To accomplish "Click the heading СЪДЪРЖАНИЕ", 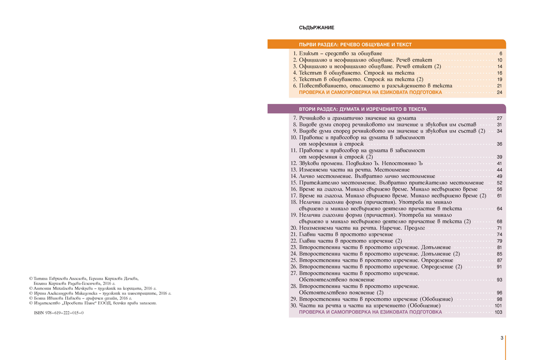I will [317, 28].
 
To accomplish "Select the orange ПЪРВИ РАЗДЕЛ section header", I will [355, 45].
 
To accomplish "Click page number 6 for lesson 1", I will [501, 54].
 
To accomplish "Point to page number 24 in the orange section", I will [499, 92].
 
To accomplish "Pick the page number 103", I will [498, 312].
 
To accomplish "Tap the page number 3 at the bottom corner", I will [502, 338].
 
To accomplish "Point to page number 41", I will [499, 164].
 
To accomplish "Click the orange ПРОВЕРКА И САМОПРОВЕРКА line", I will [370, 92].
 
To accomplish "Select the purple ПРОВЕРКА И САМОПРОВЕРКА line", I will [370, 312].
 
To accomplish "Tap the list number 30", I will [293, 306].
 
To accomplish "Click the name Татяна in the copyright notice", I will [43, 278].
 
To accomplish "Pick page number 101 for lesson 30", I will [498, 306].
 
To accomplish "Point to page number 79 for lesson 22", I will [499, 241].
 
